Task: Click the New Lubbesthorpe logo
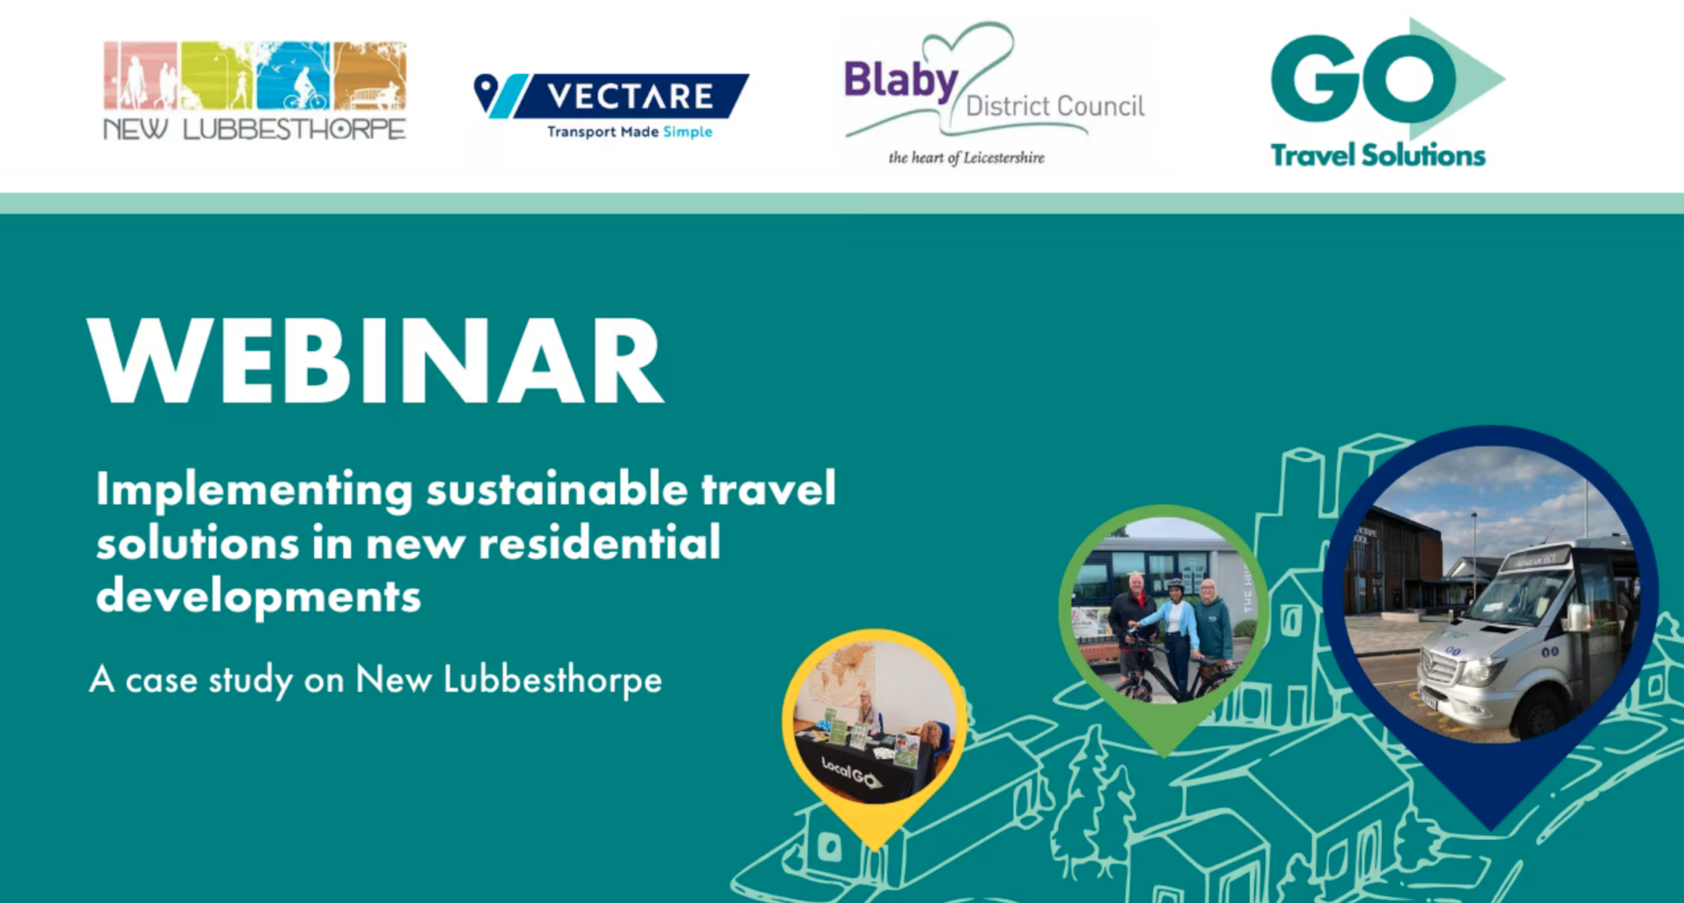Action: point(255,91)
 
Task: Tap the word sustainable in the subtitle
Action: point(557,489)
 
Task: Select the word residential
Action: point(599,543)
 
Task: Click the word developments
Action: point(258,597)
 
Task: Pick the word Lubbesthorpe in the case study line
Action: point(553,679)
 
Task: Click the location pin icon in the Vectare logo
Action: point(486,92)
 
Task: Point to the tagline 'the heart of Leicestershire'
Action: point(966,157)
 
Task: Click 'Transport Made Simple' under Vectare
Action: point(630,132)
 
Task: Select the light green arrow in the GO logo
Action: point(1458,79)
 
